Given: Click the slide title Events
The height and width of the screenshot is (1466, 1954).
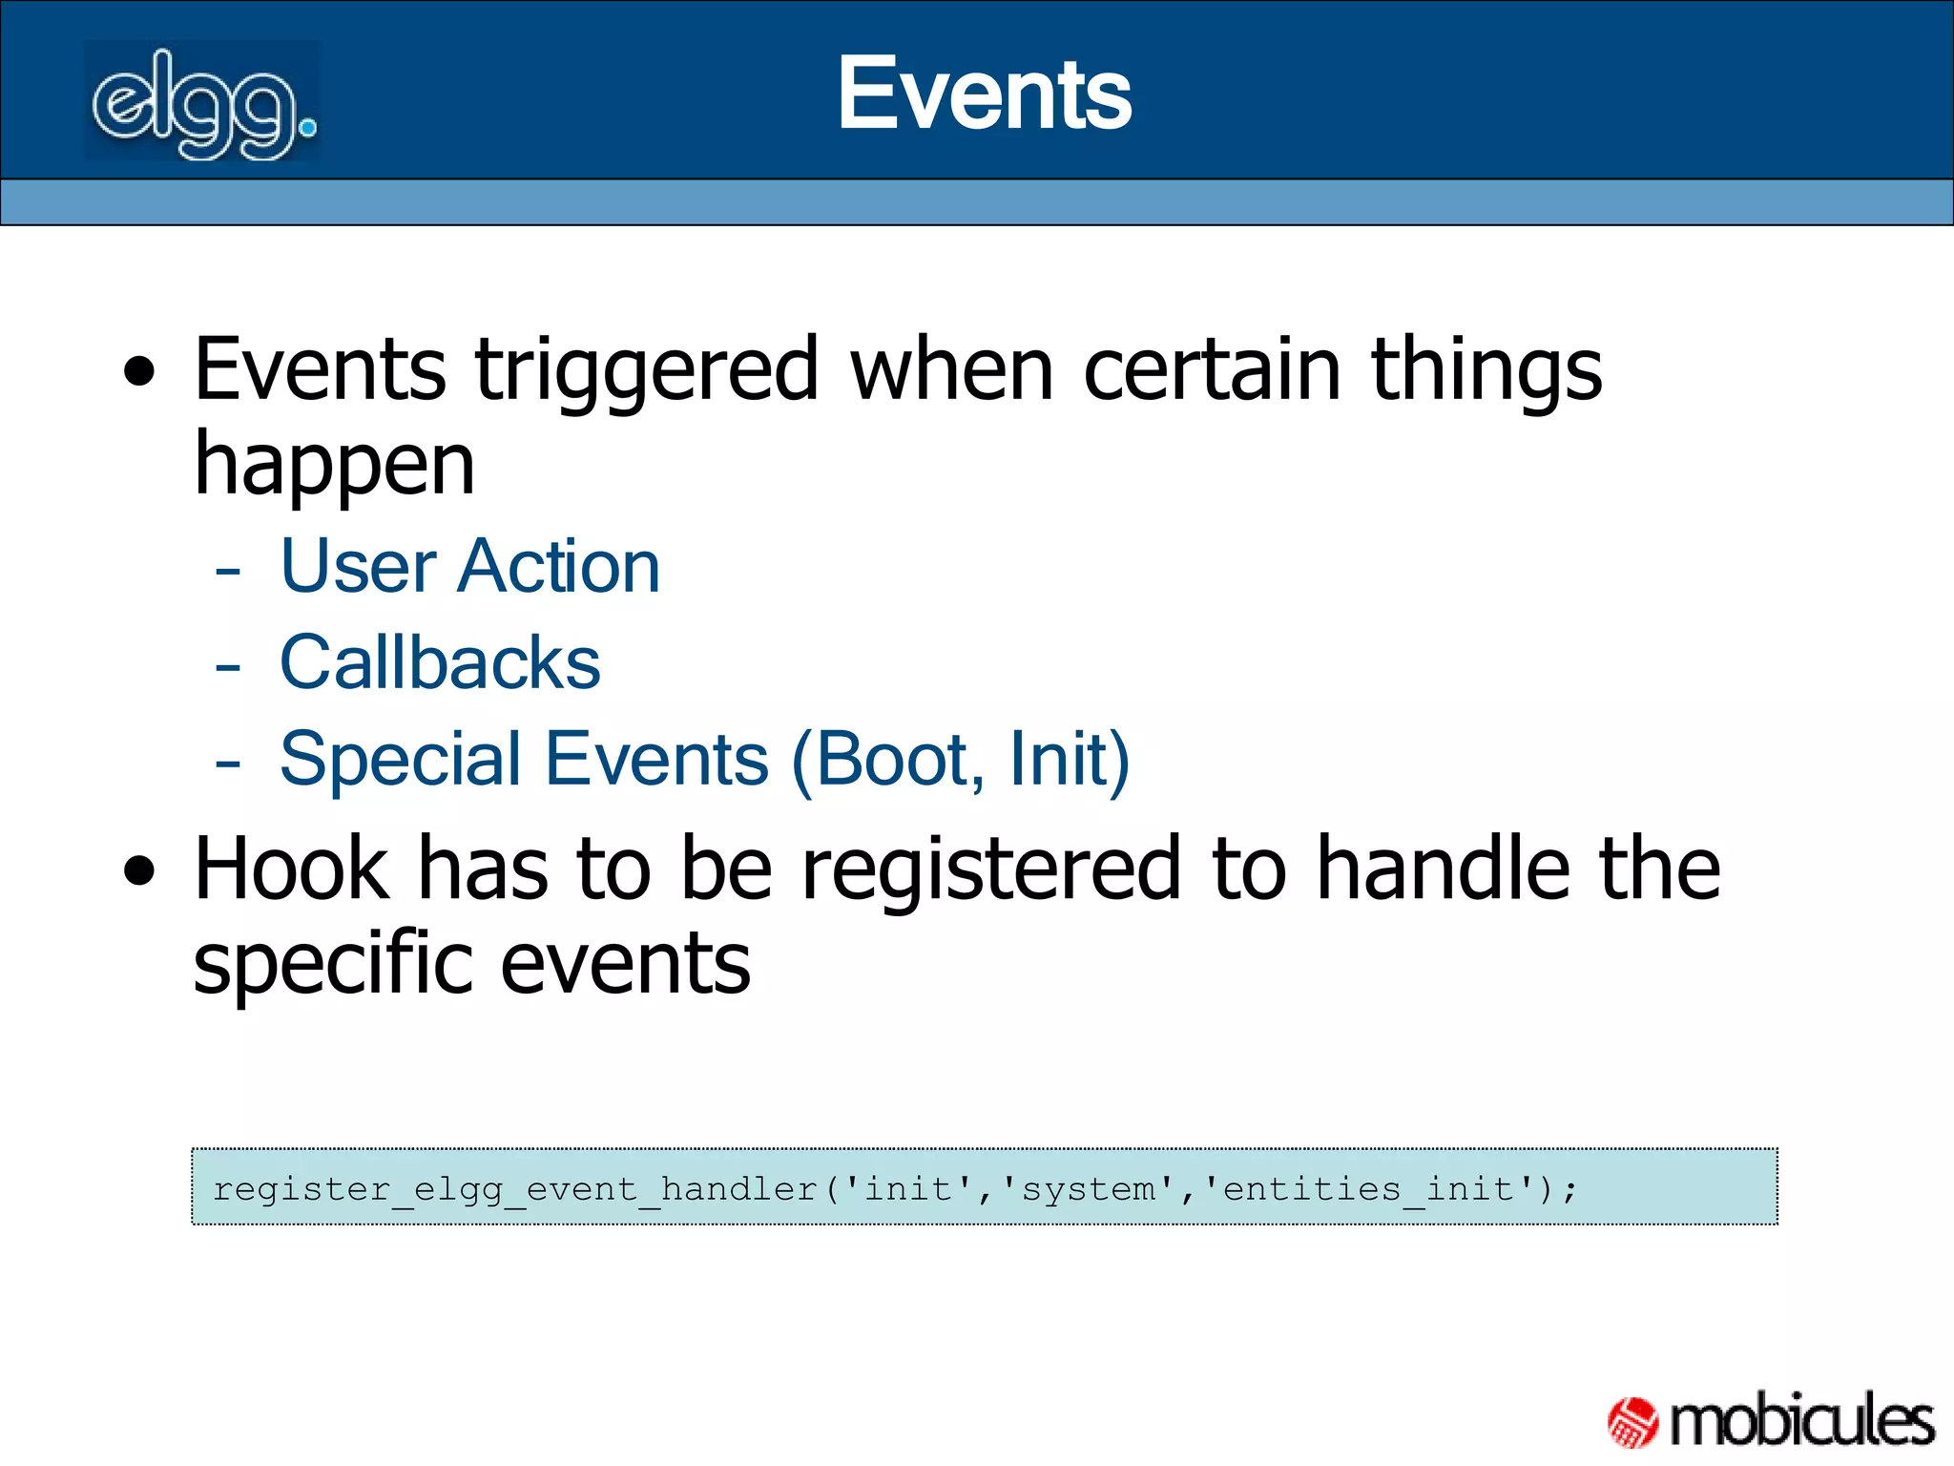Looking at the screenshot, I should click(984, 94).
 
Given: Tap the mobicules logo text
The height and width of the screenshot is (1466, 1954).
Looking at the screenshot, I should click(1801, 1421).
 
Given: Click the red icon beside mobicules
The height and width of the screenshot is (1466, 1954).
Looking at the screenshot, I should click(1633, 1422).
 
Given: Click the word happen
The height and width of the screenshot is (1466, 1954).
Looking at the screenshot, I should click(334, 466).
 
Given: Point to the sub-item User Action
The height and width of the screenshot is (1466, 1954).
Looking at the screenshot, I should click(469, 567).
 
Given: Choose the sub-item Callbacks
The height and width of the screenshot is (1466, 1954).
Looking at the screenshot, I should click(440, 662).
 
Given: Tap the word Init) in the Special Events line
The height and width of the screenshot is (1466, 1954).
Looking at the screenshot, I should click(1070, 759).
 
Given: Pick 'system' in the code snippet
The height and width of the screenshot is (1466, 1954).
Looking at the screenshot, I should click(1089, 1189).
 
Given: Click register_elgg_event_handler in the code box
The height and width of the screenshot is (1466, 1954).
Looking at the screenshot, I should click(515, 1189).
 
